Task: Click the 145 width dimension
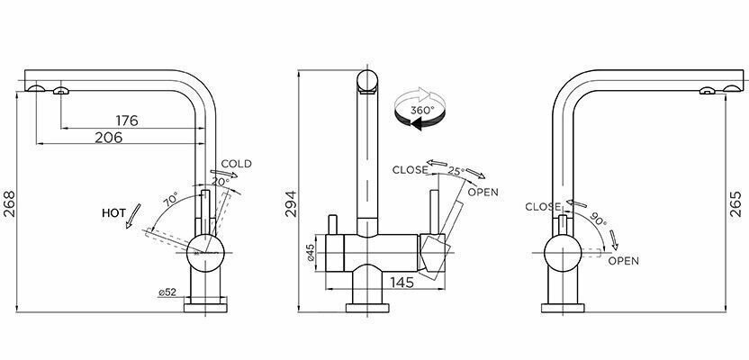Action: click(x=378, y=283)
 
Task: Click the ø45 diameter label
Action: click(x=311, y=255)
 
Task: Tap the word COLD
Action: click(x=236, y=164)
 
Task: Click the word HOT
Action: click(x=113, y=213)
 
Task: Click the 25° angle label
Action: click(x=456, y=171)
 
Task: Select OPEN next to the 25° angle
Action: click(x=483, y=192)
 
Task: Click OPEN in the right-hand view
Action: click(x=623, y=261)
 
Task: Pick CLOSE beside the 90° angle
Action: click(x=543, y=207)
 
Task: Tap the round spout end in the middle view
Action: click(x=368, y=81)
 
